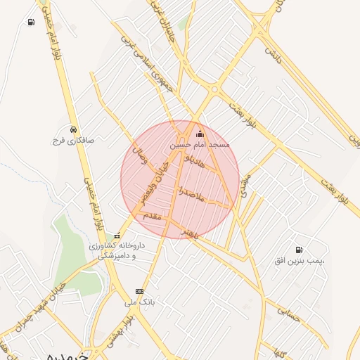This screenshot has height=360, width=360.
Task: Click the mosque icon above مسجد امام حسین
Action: click(x=199, y=134)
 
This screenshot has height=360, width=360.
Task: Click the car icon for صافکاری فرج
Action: click(x=73, y=129)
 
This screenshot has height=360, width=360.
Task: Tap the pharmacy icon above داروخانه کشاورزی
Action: click(x=117, y=236)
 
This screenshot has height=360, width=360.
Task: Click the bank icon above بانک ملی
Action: click(x=139, y=291)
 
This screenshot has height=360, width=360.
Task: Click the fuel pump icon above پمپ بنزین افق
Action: click(x=300, y=250)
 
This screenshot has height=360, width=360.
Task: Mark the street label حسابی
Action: click(x=288, y=312)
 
